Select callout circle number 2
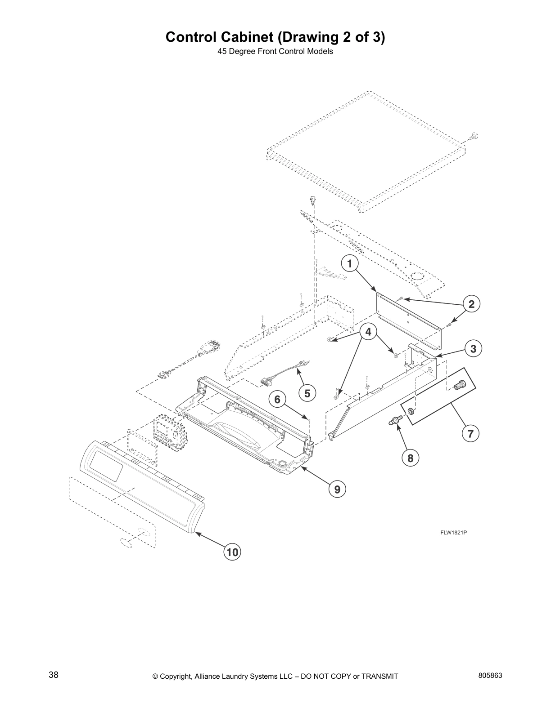pyautogui.click(x=471, y=304)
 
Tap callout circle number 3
pyautogui.click(x=473, y=348)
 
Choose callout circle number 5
pyautogui.click(x=307, y=393)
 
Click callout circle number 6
pyautogui.click(x=277, y=399)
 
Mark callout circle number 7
pyautogui.click(x=470, y=434)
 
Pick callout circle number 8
pyautogui.click(x=410, y=458)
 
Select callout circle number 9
pyautogui.click(x=337, y=489)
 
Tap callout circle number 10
pyautogui.click(x=232, y=552)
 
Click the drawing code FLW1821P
pyautogui.click(x=453, y=533)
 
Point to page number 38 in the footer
pyautogui.click(x=54, y=675)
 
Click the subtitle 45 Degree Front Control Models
pyautogui.click(x=275, y=51)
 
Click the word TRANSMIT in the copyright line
pyautogui.click(x=379, y=676)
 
